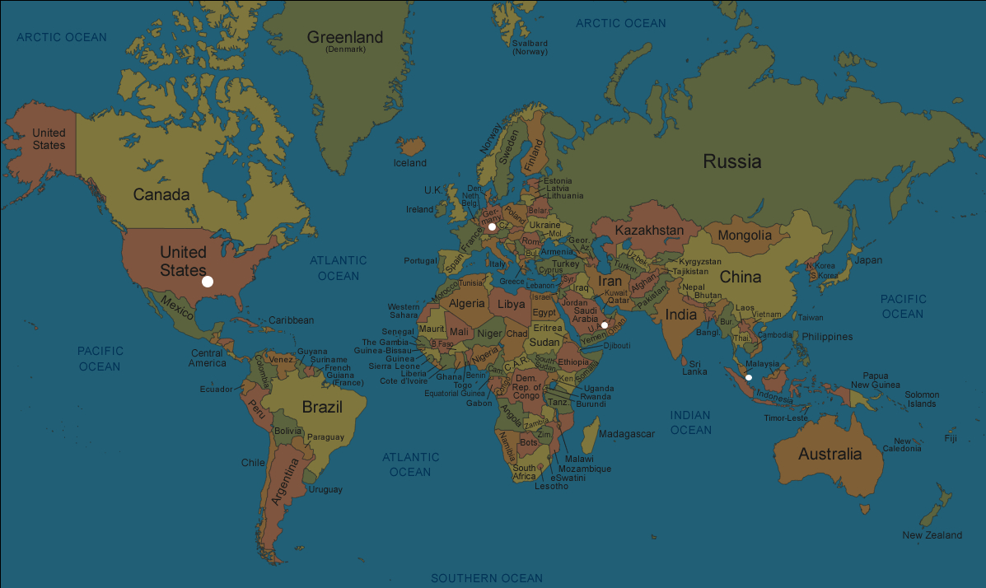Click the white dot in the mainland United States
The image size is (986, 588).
tap(208, 282)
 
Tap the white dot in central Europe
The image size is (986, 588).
tap(492, 226)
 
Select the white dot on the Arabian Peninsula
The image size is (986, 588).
tap(605, 325)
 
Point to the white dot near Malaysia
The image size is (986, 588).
tap(749, 377)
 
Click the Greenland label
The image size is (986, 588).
tap(345, 38)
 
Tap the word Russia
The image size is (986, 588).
tap(731, 161)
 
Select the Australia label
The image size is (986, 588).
tap(829, 454)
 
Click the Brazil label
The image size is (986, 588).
tap(322, 407)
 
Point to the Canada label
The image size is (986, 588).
tap(161, 195)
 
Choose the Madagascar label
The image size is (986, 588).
tap(626, 434)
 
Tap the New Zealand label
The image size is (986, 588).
tap(932, 535)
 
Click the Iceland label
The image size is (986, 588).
tap(410, 163)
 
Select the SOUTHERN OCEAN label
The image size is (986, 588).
tap(487, 578)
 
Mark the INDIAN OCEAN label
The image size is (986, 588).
tap(690, 422)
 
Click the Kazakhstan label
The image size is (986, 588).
tap(649, 231)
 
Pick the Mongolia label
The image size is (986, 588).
tap(745, 236)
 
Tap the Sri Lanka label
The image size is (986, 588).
tap(694, 367)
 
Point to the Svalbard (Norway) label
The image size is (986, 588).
tap(530, 47)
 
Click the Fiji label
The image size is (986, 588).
tap(951, 438)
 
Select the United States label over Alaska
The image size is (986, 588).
tap(49, 139)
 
